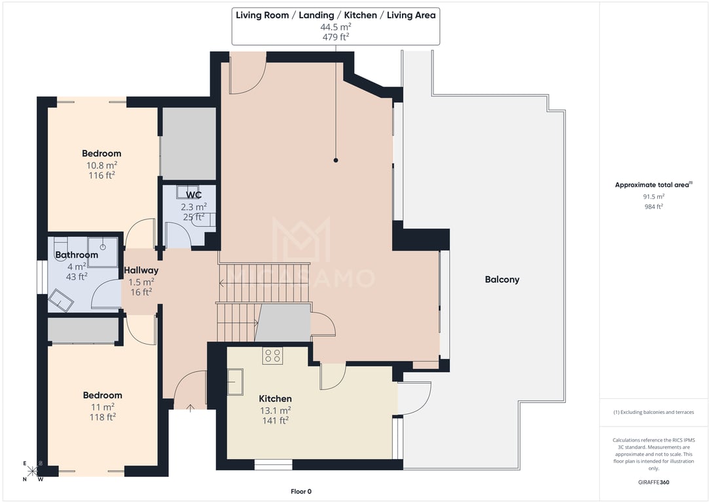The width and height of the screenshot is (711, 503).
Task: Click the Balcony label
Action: click(502, 280)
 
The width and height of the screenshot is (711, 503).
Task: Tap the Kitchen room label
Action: click(275, 399)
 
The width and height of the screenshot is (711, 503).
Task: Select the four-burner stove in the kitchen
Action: click(272, 355)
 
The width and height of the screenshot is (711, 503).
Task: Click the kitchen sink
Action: click(235, 381)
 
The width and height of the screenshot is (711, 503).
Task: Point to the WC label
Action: click(194, 195)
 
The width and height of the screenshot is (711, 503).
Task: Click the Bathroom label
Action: click(77, 255)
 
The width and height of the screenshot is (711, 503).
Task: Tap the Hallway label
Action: click(141, 270)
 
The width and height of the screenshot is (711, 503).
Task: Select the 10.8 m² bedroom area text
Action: click(101, 166)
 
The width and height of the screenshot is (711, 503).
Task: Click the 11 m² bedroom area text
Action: click(103, 407)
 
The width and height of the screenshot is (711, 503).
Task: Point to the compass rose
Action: click(32, 471)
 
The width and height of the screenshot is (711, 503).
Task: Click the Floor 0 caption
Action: click(301, 491)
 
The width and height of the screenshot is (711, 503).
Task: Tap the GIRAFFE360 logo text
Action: click(653, 482)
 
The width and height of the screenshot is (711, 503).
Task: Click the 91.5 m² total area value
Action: click(653, 196)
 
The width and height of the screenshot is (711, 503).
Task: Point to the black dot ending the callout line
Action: click(336, 160)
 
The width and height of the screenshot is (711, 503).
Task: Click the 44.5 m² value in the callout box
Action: click(336, 27)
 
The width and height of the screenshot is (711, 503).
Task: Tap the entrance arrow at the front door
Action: click(191, 408)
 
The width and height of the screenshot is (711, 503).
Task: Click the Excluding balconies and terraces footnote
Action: click(653, 412)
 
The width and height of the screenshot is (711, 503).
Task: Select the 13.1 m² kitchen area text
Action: click(275, 411)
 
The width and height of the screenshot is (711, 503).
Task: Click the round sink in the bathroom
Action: click(103, 247)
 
